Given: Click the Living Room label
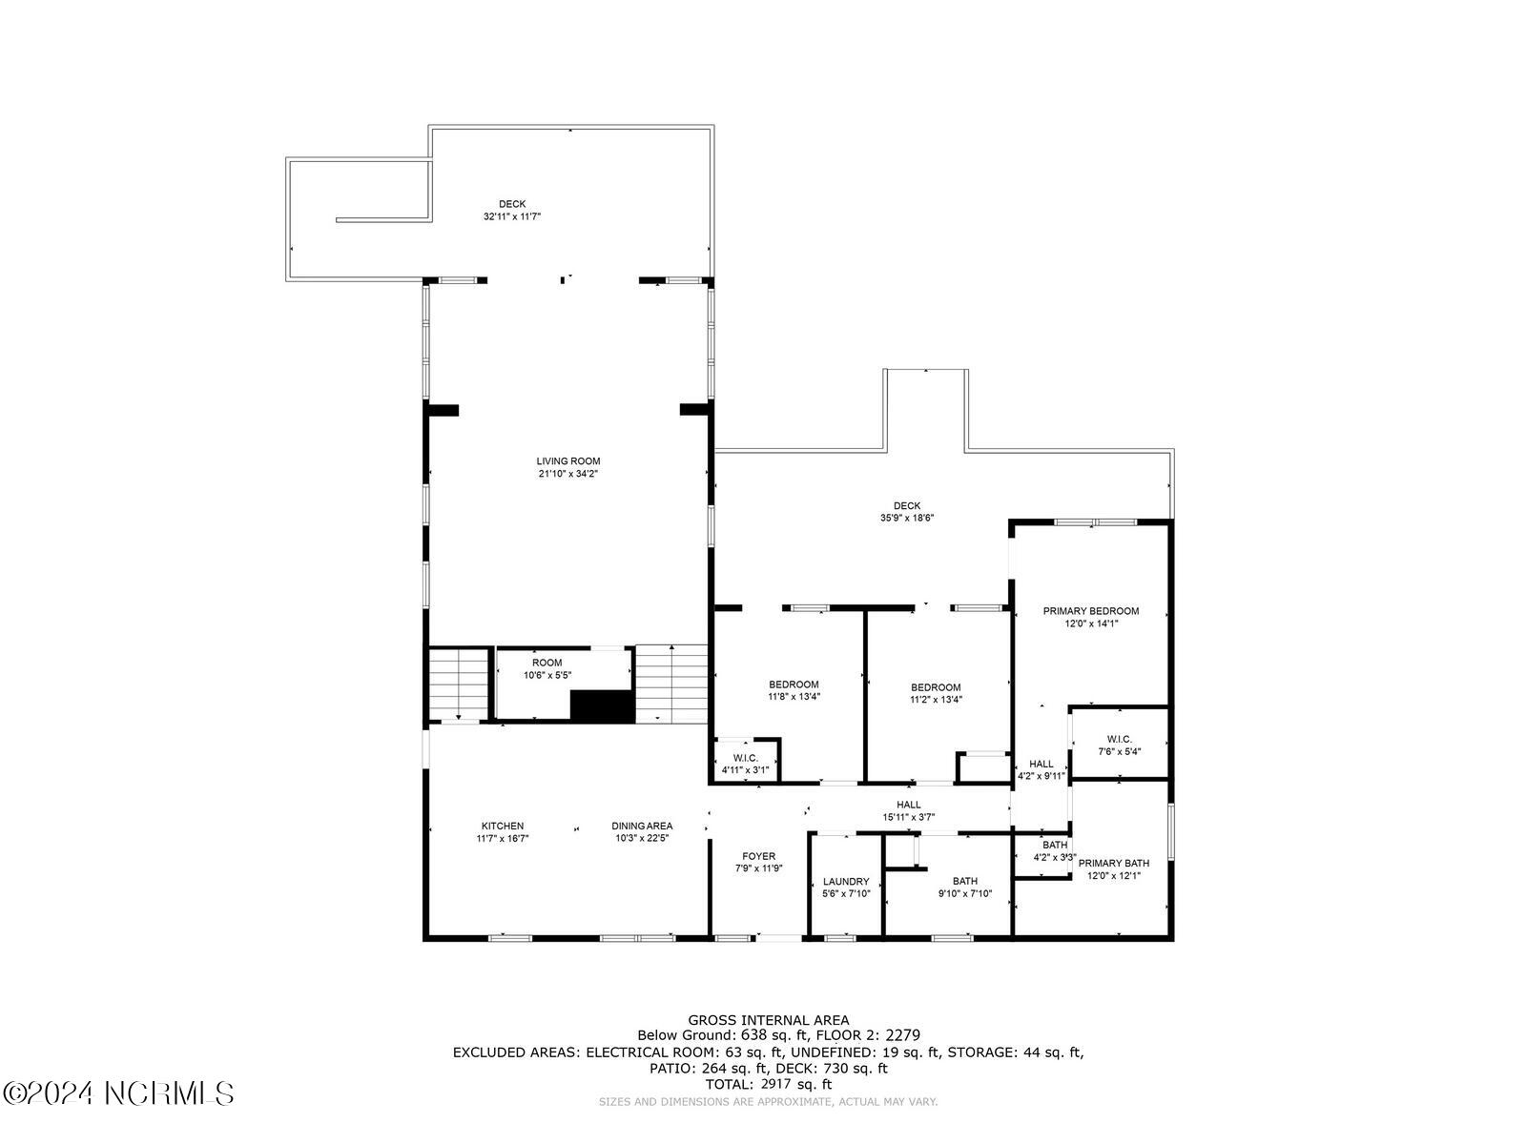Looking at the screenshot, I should (567, 461).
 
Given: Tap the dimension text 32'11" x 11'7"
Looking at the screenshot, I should (512, 216).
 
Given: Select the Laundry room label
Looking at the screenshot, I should (845, 881).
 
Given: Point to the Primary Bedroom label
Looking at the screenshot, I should (1090, 611).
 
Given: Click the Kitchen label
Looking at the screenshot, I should (502, 826).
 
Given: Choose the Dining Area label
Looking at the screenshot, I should (642, 826).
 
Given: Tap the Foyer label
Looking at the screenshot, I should (758, 856).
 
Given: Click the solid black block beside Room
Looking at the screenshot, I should (602, 706).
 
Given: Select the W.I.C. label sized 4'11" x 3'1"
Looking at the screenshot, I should (745, 757).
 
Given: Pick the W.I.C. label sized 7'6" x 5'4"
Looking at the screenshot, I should (1119, 739).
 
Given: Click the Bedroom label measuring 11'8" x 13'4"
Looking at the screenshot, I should (794, 684).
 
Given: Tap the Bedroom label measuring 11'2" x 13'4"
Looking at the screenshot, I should (935, 687).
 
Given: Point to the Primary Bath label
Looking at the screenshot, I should (1113, 863).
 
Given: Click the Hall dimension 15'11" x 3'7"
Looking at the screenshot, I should (908, 817).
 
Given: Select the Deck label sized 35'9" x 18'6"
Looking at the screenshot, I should (907, 506).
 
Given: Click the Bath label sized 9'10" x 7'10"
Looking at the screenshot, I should (964, 881).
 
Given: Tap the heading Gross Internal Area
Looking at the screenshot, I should (768, 1020).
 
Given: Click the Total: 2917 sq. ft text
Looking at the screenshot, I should (768, 1084).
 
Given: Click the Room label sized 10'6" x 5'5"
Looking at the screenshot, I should (546, 663).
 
